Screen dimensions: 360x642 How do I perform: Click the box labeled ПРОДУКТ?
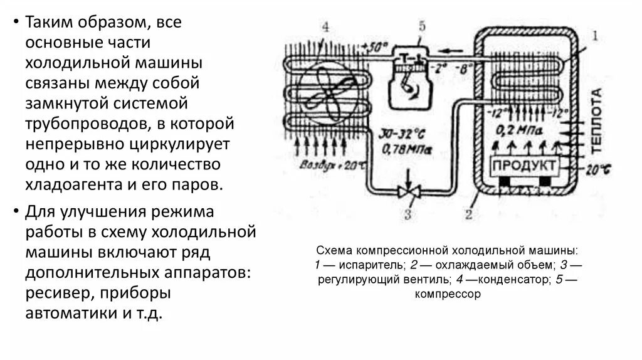[524, 166]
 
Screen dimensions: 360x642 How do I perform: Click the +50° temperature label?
[376, 45]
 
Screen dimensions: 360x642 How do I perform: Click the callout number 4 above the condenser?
[325, 27]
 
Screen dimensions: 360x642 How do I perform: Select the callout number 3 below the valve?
[408, 216]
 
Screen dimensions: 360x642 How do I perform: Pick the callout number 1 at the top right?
[595, 35]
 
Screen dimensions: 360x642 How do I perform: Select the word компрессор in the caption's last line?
[448, 294]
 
